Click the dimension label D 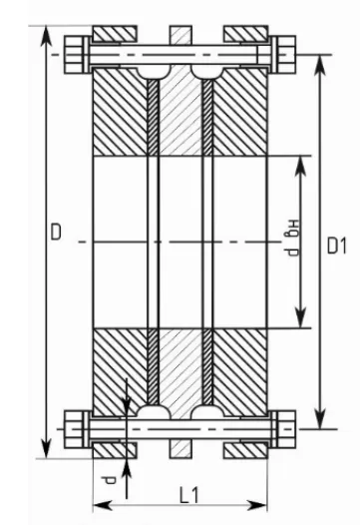[x=56, y=232]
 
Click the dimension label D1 [x=337, y=246]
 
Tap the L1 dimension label [x=189, y=495]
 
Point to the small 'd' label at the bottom [x=110, y=480]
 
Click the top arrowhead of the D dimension [x=46, y=35]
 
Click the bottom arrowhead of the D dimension [x=46, y=449]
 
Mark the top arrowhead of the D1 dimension [x=321, y=64]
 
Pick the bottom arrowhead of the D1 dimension [x=321, y=419]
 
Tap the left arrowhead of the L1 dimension [x=102, y=505]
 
